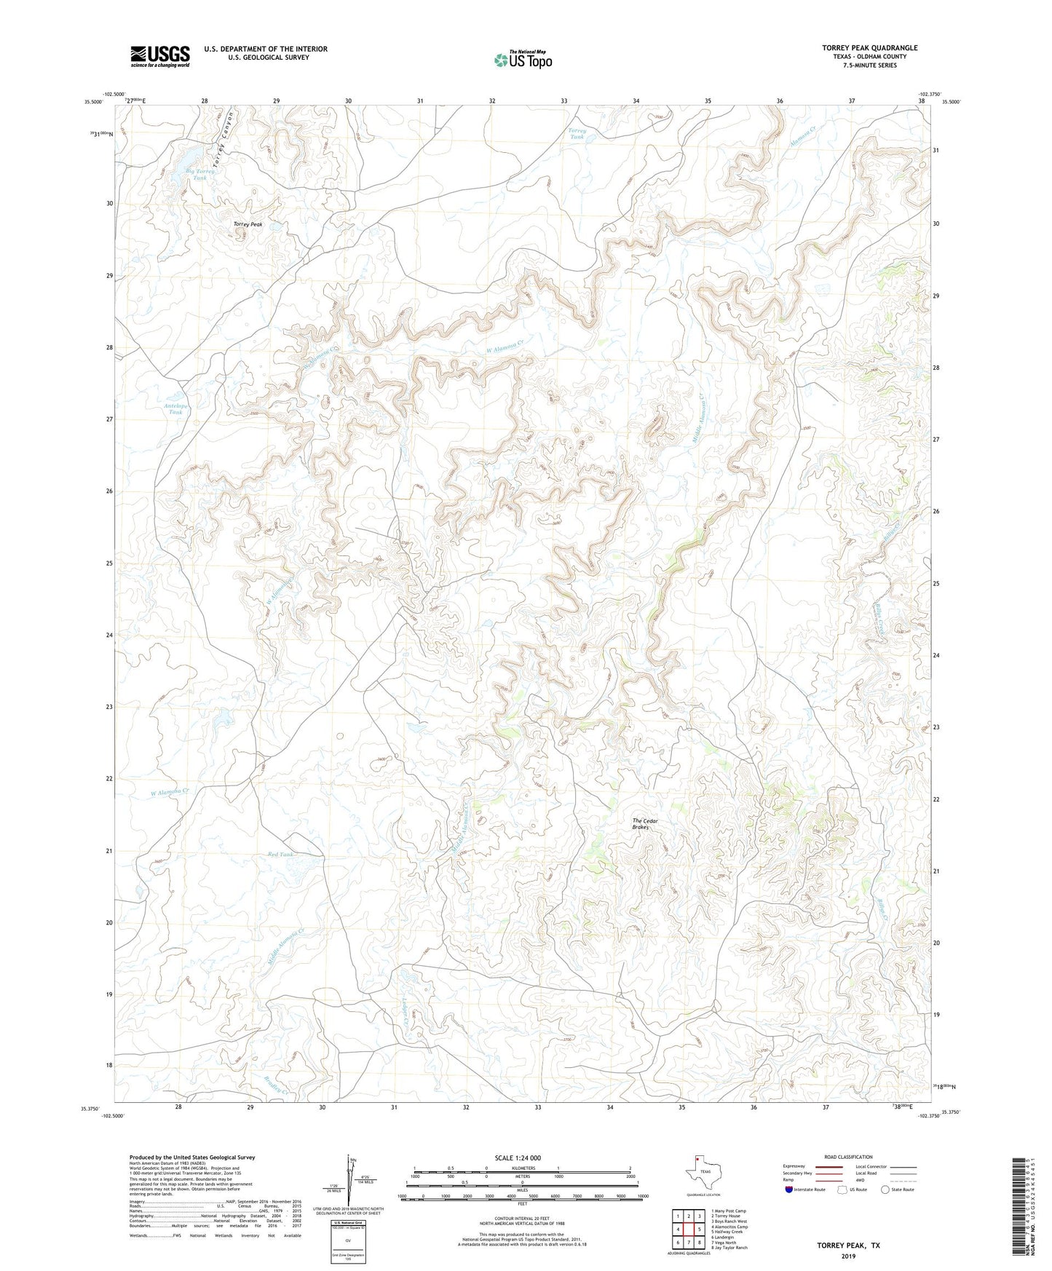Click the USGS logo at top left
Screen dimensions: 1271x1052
[x=160, y=56]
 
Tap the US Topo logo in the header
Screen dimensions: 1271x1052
[x=523, y=60]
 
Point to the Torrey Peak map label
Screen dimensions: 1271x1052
[x=248, y=225]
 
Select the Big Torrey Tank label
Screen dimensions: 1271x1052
[x=199, y=174]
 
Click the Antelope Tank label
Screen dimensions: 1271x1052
[x=176, y=409]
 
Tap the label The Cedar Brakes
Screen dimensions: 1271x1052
[x=644, y=824]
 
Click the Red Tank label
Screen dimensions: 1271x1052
[x=281, y=855]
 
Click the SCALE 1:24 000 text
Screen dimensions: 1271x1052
[x=518, y=1157]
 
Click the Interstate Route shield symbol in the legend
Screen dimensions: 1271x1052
[x=790, y=1189]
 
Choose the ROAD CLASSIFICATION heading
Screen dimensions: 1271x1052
[x=847, y=1157]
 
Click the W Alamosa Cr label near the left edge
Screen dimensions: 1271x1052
[x=170, y=791]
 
